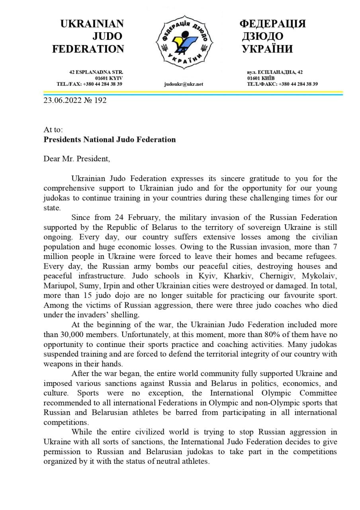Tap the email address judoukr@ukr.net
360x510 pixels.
tap(184, 84)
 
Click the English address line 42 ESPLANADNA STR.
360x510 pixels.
tap(96, 72)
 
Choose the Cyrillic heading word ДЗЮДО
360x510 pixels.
tap(262, 36)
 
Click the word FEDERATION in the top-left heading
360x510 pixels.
tap(88, 49)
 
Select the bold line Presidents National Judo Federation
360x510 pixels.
tap(110, 139)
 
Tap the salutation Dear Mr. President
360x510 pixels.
tap(76, 159)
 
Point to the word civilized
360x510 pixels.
tap(153, 432)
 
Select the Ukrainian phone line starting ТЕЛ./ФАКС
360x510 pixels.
tap(282, 84)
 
